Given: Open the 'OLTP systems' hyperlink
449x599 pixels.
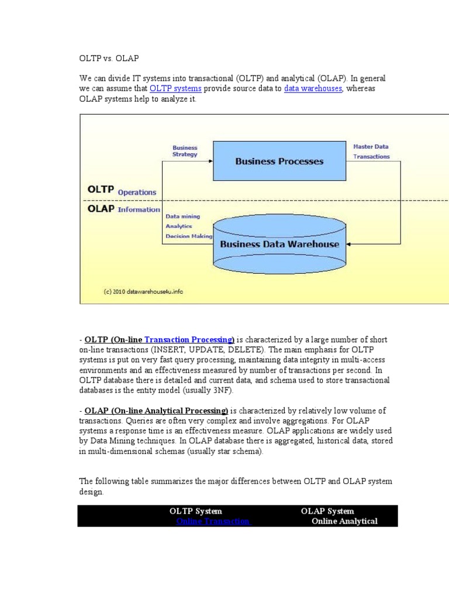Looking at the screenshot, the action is pyautogui.click(x=175, y=88).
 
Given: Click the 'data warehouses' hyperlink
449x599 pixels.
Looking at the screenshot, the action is pyautogui.click(x=313, y=88).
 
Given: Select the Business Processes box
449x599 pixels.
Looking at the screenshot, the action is pyautogui.click(x=279, y=161).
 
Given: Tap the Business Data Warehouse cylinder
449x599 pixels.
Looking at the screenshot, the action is pyautogui.click(x=279, y=244).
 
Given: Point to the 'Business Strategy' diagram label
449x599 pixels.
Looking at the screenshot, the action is pyautogui.click(x=185, y=151).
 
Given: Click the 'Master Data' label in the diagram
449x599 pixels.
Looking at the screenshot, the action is pyautogui.click(x=371, y=146).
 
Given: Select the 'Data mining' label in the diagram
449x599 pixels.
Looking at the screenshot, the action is pyautogui.click(x=182, y=216).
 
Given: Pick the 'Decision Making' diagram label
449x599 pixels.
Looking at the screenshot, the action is pyautogui.click(x=189, y=236).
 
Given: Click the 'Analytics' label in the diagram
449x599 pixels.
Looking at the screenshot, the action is pyautogui.click(x=178, y=226).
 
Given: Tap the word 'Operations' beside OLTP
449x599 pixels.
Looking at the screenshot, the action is pyautogui.click(x=137, y=192).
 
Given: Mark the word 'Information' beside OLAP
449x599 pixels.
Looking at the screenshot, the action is pyautogui.click(x=139, y=209).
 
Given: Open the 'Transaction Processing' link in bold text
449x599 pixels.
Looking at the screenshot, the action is pyautogui.click(x=189, y=340).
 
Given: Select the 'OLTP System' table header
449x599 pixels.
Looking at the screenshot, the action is pyautogui.click(x=196, y=511).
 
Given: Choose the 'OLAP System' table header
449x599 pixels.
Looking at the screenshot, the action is pyautogui.click(x=327, y=511).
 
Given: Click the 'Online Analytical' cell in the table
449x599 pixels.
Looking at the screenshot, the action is pyautogui.click(x=344, y=521).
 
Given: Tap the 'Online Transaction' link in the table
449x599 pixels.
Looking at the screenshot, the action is pyautogui.click(x=213, y=521).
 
